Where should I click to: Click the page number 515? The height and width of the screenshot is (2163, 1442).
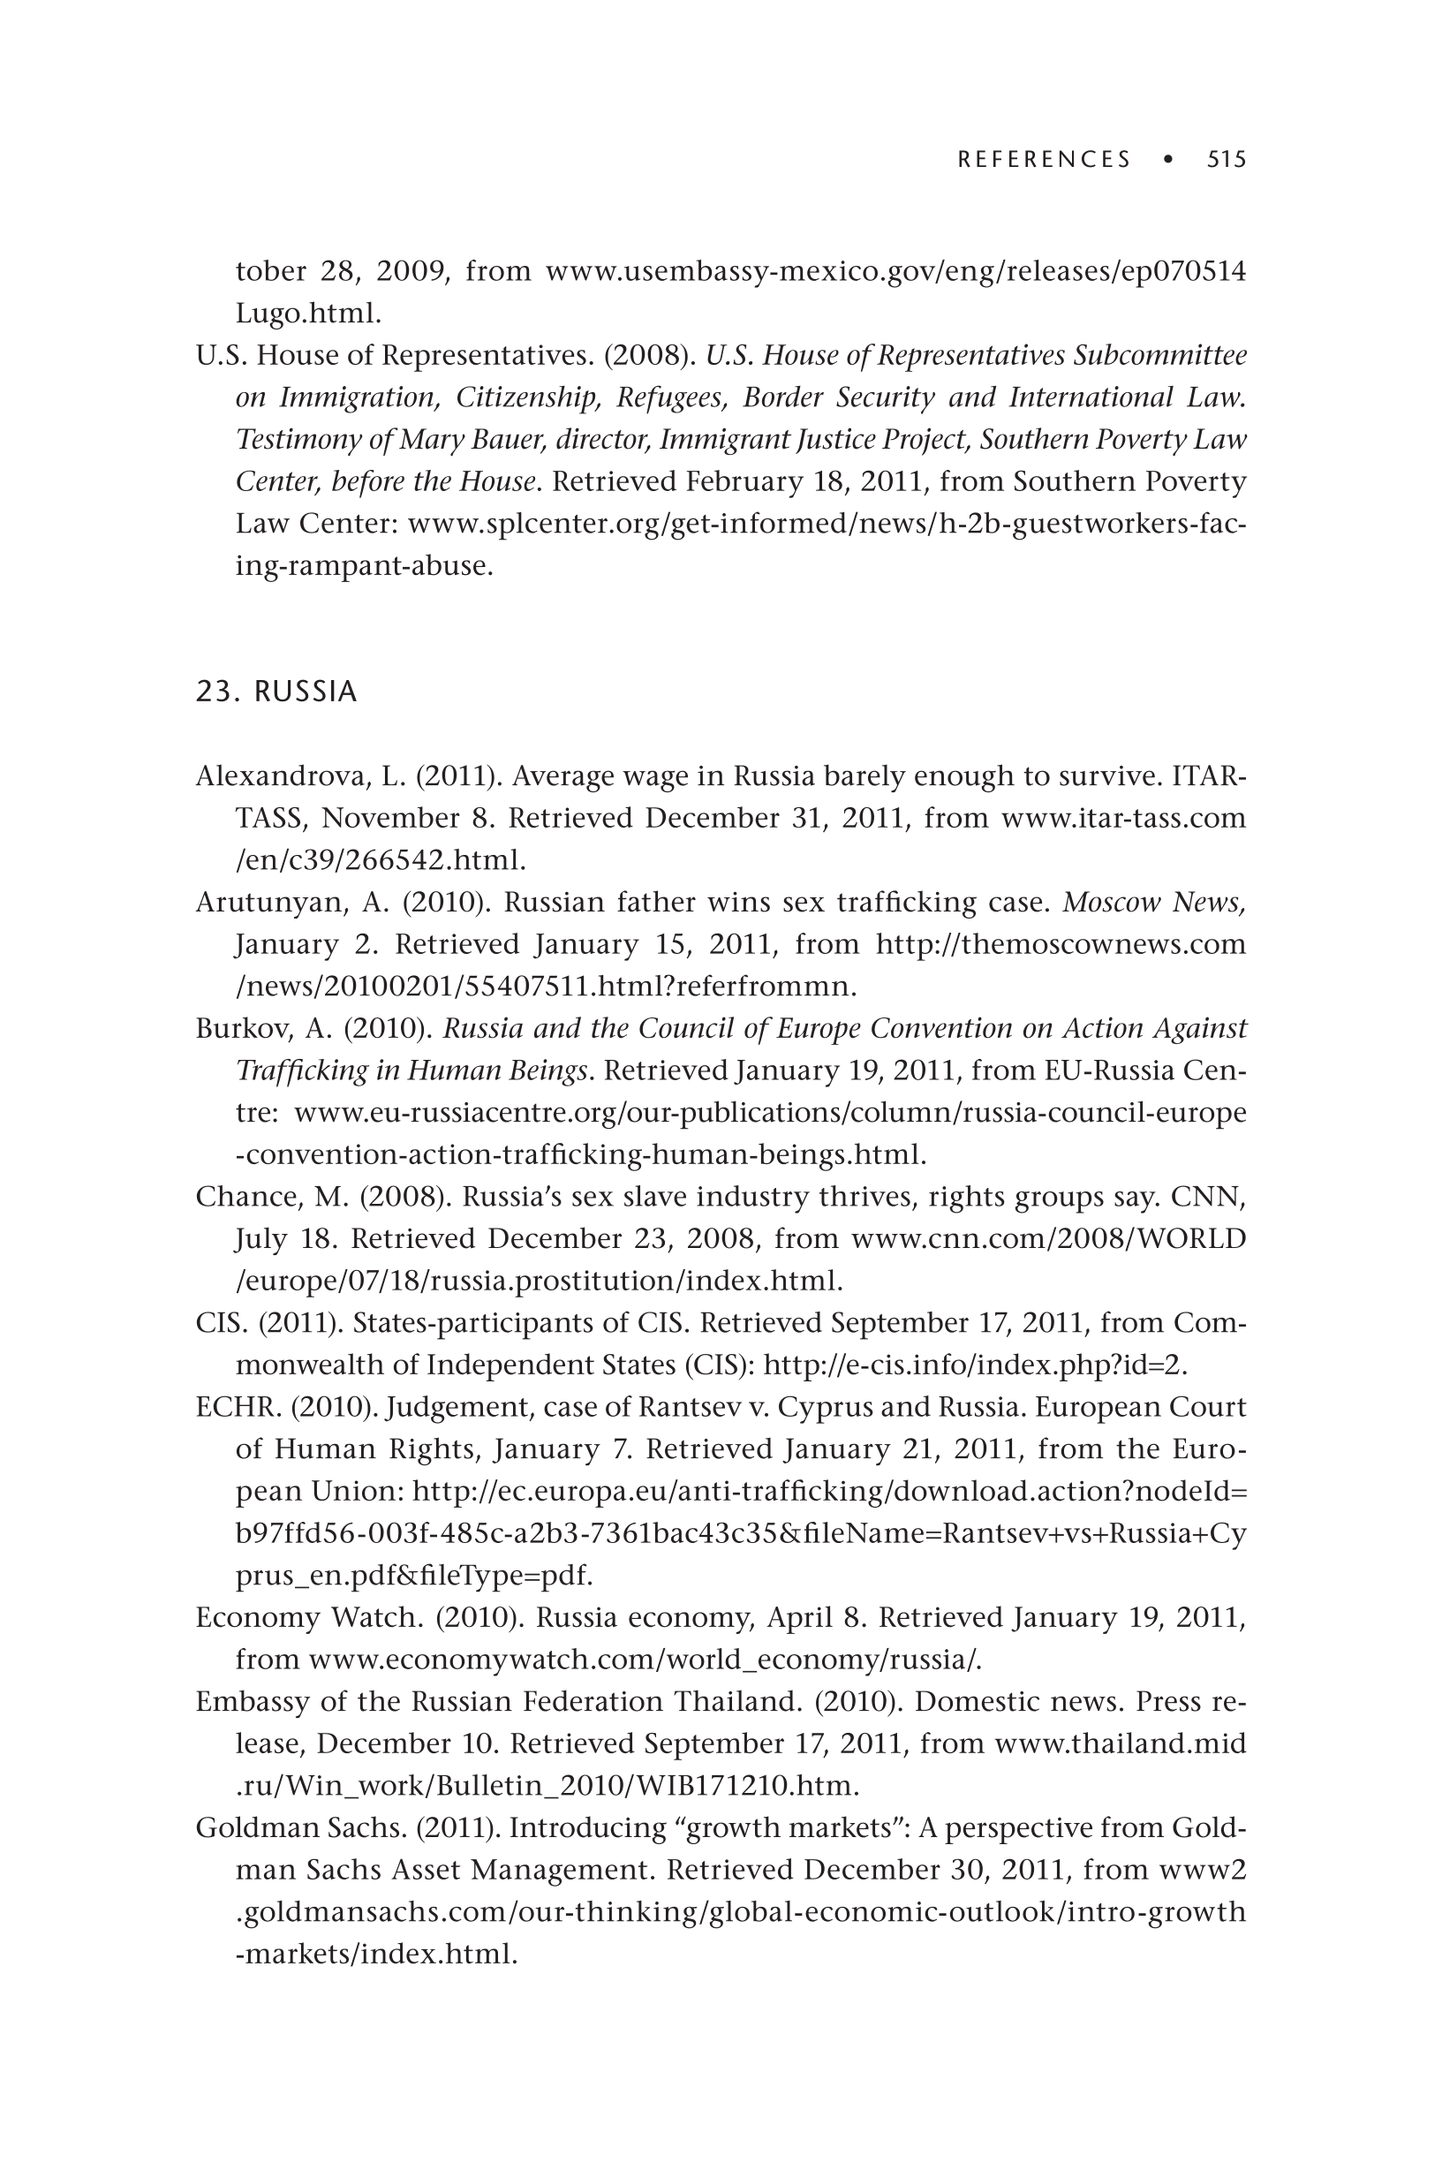[x=1226, y=160]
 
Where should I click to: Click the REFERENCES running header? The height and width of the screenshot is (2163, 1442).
[x=1044, y=160]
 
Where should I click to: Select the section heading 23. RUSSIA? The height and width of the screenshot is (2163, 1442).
[x=276, y=692]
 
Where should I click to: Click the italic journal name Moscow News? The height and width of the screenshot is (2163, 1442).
[x=1153, y=903]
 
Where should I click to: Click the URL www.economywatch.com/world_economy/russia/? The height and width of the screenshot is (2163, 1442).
[x=645, y=1660]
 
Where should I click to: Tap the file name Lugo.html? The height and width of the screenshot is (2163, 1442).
[x=307, y=314]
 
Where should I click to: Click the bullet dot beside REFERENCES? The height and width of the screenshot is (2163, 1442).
[x=1168, y=160]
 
